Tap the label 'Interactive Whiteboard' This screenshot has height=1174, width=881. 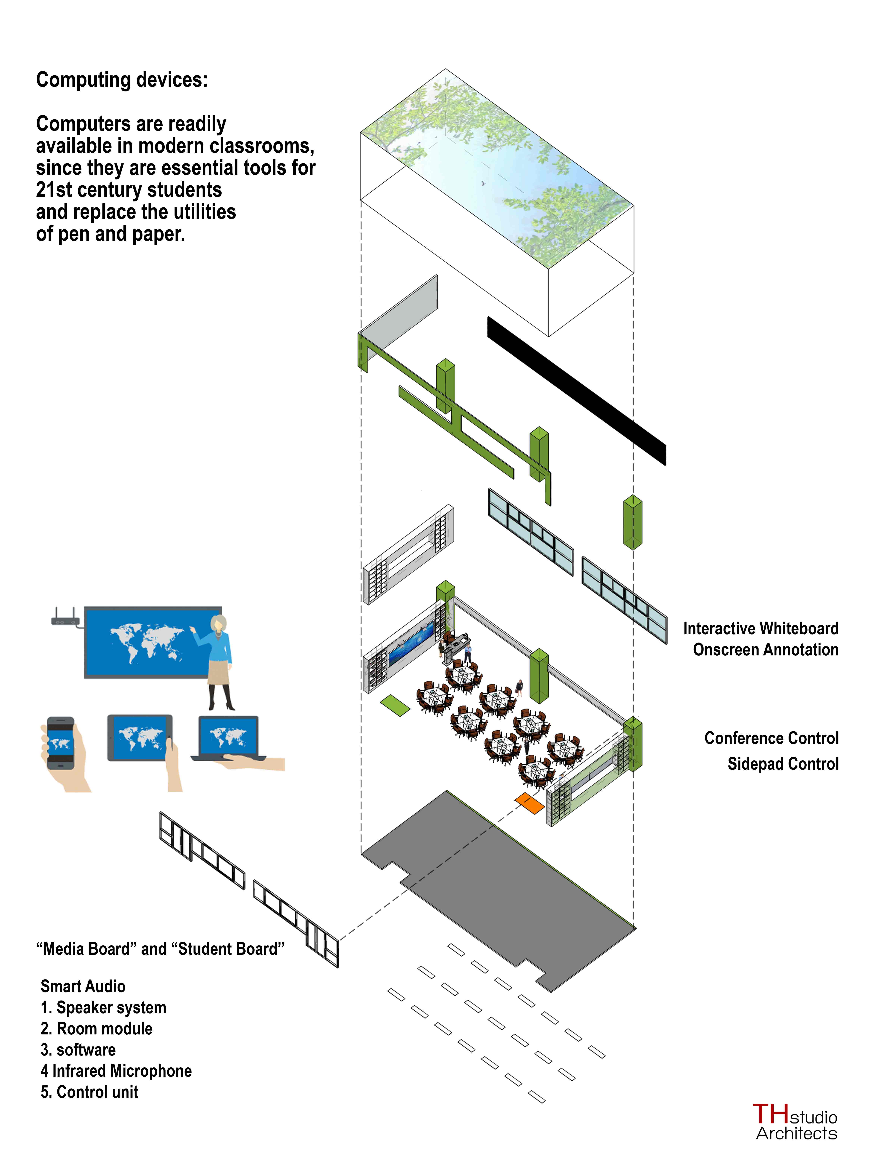click(760, 628)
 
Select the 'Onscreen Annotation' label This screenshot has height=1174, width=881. click(765, 650)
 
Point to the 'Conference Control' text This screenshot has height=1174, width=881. click(771, 738)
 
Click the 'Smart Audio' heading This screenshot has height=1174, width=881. click(83, 986)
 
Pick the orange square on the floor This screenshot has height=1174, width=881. click(528, 803)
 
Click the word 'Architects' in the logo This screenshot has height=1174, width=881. click(797, 1134)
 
